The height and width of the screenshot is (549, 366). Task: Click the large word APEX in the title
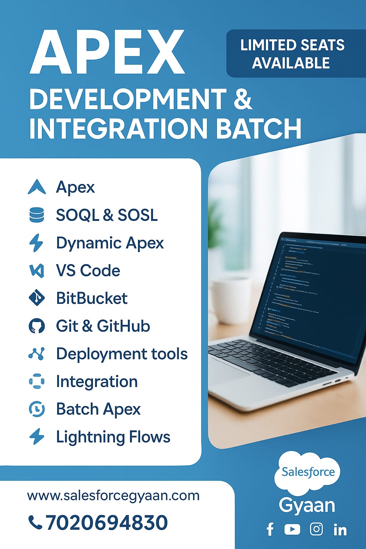pyautogui.click(x=107, y=53)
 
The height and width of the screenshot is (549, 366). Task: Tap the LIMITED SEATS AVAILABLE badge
pyautogui.click(x=292, y=54)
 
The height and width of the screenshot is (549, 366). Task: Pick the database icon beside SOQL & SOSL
pyautogui.click(x=36, y=215)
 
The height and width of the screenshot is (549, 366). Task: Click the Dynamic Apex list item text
pyautogui.click(x=110, y=243)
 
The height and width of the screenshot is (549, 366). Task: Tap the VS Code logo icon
pyautogui.click(x=36, y=271)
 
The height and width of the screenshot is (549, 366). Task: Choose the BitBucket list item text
pyautogui.click(x=92, y=298)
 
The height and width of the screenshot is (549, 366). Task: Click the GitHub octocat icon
pyautogui.click(x=36, y=326)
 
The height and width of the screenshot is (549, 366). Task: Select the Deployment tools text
pyautogui.click(x=122, y=354)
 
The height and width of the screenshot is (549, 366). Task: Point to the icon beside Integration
pyautogui.click(x=36, y=381)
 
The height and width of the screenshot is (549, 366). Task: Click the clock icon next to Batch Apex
pyautogui.click(x=36, y=409)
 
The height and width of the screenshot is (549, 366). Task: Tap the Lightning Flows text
pyautogui.click(x=113, y=437)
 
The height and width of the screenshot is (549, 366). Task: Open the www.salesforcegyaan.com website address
pyautogui.click(x=113, y=496)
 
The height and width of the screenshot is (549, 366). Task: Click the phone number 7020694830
pyautogui.click(x=107, y=523)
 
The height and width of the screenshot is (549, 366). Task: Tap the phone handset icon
pyautogui.click(x=35, y=523)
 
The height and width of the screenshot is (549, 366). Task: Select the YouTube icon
pyautogui.click(x=292, y=529)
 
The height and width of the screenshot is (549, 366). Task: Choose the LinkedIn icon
pyautogui.click(x=340, y=530)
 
